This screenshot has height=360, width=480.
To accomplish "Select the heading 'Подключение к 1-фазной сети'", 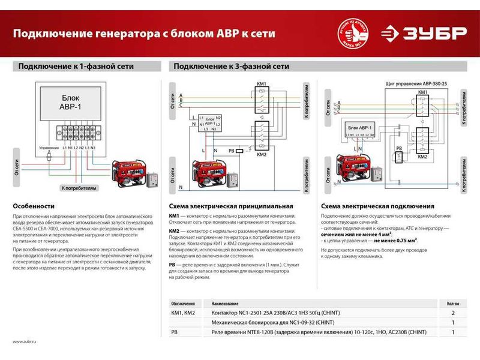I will tap(76, 66).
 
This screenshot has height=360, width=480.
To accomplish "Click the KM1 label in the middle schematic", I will tap(261, 85).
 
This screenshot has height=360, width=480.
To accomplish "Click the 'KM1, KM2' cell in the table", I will tap(183, 313).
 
